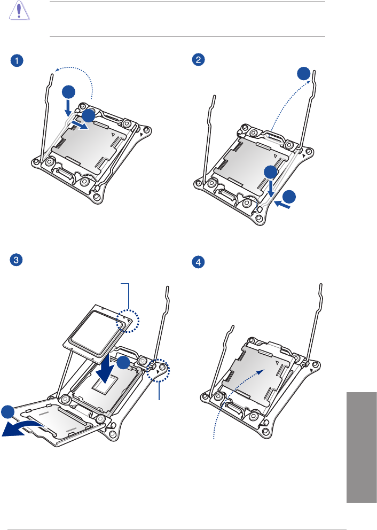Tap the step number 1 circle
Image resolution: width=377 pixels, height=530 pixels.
coord(18,61)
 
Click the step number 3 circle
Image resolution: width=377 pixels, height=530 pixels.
coord(18,260)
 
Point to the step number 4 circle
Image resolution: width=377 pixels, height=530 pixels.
coord(199,263)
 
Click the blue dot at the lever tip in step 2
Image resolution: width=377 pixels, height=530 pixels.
coord(304,74)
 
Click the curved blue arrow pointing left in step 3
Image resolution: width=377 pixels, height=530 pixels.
coord(21,426)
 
